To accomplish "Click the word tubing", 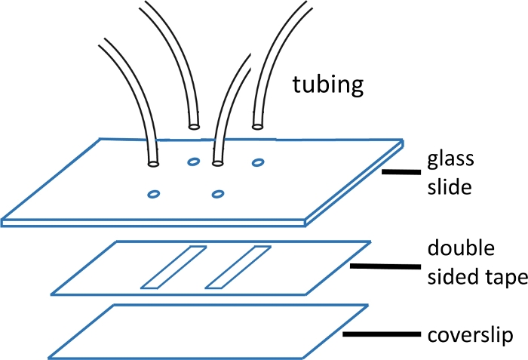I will pos(328,85).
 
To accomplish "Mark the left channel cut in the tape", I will pos(173,267).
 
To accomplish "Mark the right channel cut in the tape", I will pos(238,267).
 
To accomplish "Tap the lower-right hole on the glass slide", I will pos(219,194).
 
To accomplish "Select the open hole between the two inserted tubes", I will pos(193,162).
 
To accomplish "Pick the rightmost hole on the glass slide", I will pos(258,162).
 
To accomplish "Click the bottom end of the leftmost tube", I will pos(154,162).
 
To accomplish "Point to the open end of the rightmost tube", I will pos(259,127).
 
